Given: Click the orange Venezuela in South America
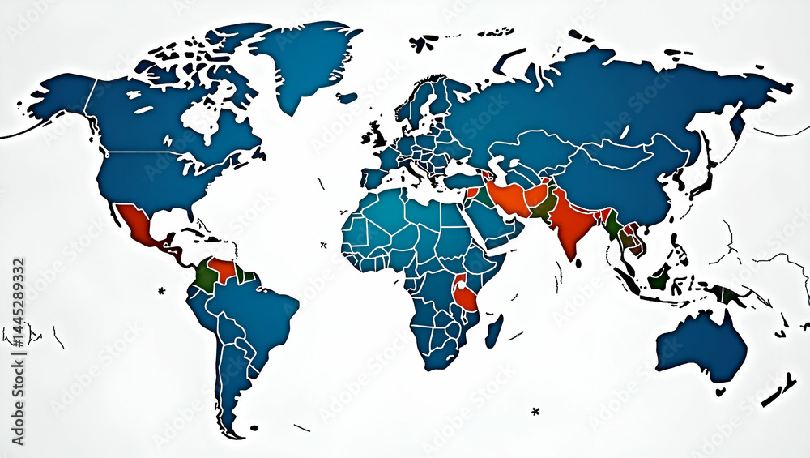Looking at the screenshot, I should click(222, 269).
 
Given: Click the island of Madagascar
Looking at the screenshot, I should click(493, 330).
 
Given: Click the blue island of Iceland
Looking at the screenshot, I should click(347, 98).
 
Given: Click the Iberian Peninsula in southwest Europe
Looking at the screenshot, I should click(374, 177).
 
